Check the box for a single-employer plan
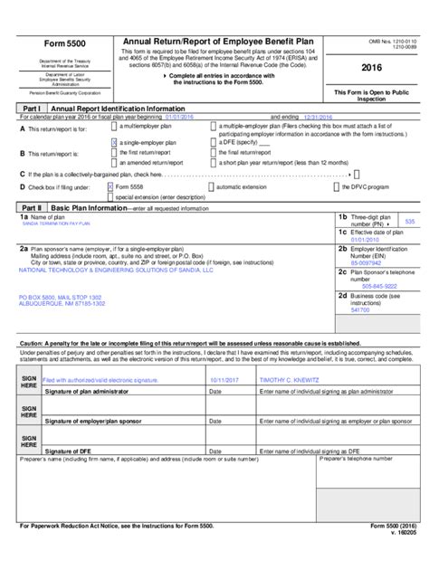tap(112, 143)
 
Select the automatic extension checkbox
tap(212, 185)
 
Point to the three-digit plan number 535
tap(409, 222)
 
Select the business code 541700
tap(359, 310)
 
